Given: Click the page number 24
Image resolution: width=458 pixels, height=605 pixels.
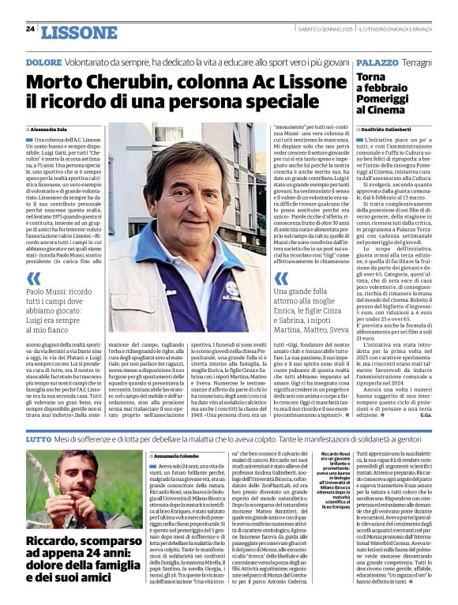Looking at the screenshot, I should (x=30, y=28).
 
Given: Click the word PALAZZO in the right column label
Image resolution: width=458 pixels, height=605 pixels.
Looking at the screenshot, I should (x=376, y=62).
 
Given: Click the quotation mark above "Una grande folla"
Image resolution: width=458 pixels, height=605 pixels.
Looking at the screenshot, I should (x=280, y=278).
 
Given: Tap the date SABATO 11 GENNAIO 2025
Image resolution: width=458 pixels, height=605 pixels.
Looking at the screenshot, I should (x=329, y=28).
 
